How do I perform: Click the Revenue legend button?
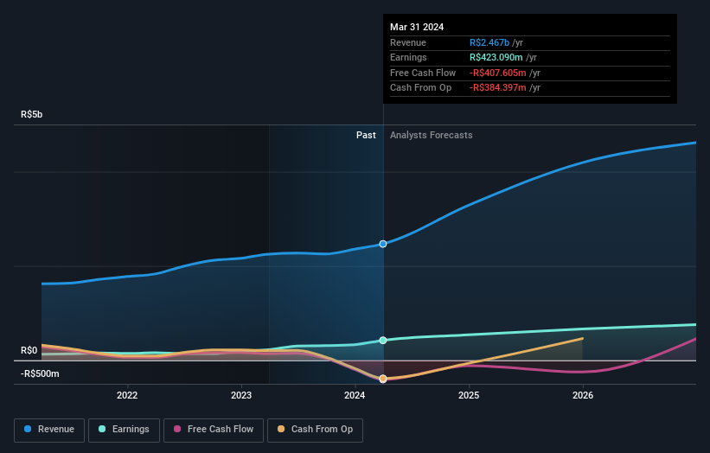tap(48, 429)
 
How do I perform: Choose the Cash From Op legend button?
tap(316, 429)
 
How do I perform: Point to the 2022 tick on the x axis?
tap(127, 396)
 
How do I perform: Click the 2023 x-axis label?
tap(241, 396)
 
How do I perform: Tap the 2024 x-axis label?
tap(355, 396)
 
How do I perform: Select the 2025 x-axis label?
tap(469, 396)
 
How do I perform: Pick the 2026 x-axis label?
tap(583, 396)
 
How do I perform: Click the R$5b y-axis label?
tap(32, 114)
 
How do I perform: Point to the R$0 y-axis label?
tap(29, 350)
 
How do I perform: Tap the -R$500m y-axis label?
tap(40, 373)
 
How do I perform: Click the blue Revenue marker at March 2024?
tap(383, 244)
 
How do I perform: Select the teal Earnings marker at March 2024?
tap(383, 341)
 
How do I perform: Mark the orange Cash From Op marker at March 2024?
tap(383, 379)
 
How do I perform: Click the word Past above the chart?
tap(366, 135)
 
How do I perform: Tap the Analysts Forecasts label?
tap(432, 135)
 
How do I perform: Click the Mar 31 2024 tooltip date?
tap(417, 27)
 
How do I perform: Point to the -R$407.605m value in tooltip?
tap(497, 73)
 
